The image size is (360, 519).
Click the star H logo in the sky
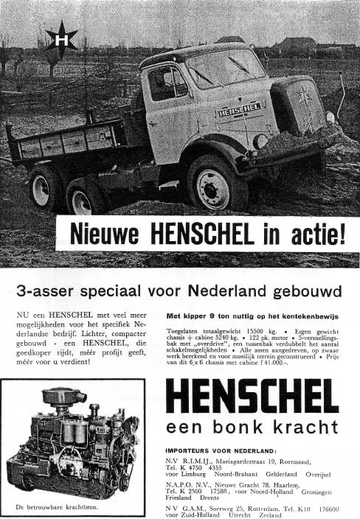click(61, 38)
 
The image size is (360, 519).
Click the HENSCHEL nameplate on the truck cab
click(239, 110)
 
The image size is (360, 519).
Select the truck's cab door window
click(167, 82)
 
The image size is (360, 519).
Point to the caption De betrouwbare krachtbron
click(50, 507)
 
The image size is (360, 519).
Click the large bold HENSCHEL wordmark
click(252, 397)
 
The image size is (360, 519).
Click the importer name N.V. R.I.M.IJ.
click(188, 462)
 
